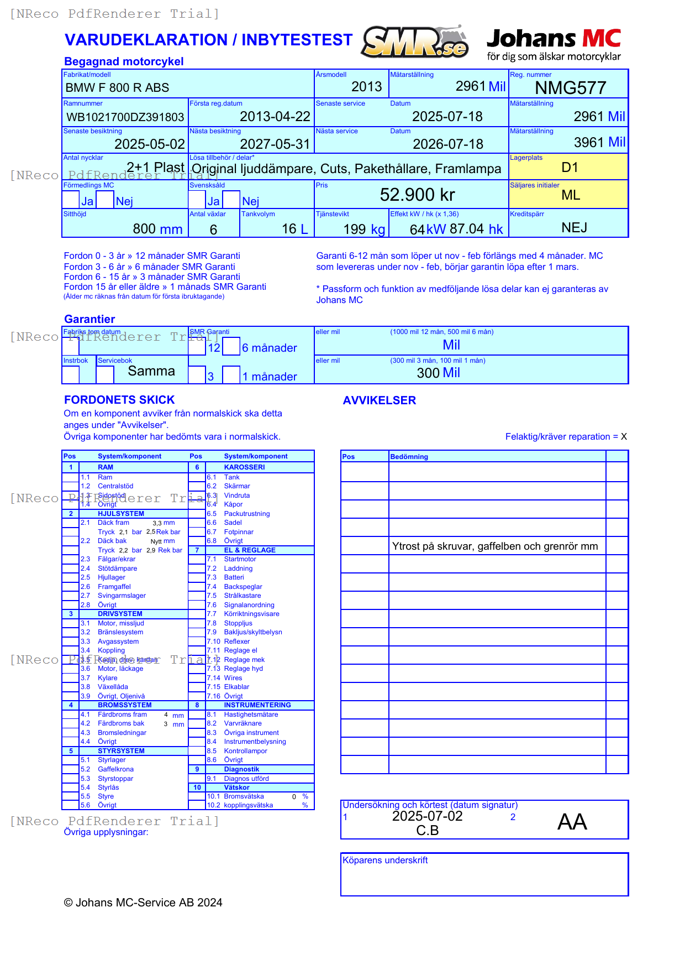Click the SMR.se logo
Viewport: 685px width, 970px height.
pyautogui.click(x=415, y=42)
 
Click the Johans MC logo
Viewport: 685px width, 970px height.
pyautogui.click(x=554, y=44)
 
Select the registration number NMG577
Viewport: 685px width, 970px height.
pyautogui.click(x=571, y=88)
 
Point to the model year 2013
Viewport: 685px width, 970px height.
pyautogui.click(x=366, y=87)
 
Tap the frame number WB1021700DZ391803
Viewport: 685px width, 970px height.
pyautogui.click(x=125, y=117)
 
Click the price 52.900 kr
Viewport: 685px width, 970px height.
pyautogui.click(x=417, y=195)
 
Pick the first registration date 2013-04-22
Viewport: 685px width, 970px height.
pyautogui.click(x=275, y=117)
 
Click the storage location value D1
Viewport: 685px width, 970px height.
pyautogui.click(x=570, y=168)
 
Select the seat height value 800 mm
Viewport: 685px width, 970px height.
pyautogui.click(x=157, y=229)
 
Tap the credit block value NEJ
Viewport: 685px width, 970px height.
pyautogui.click(x=574, y=228)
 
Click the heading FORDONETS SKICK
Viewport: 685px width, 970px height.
pyautogui.click(x=119, y=400)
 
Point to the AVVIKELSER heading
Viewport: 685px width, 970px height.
pyautogui.click(x=379, y=400)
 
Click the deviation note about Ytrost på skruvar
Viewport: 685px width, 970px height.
pyautogui.click(x=494, y=546)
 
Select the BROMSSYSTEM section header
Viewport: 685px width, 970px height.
pyautogui.click(x=124, y=705)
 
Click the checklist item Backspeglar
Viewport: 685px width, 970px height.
pyautogui.click(x=243, y=587)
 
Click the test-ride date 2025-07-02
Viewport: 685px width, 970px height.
pyautogui.click(x=427, y=816)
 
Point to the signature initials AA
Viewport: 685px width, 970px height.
pyautogui.click(x=572, y=822)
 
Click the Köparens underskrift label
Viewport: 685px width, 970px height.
pyautogui.click(x=385, y=861)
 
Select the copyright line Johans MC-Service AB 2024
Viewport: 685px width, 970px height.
pyautogui.click(x=143, y=903)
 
